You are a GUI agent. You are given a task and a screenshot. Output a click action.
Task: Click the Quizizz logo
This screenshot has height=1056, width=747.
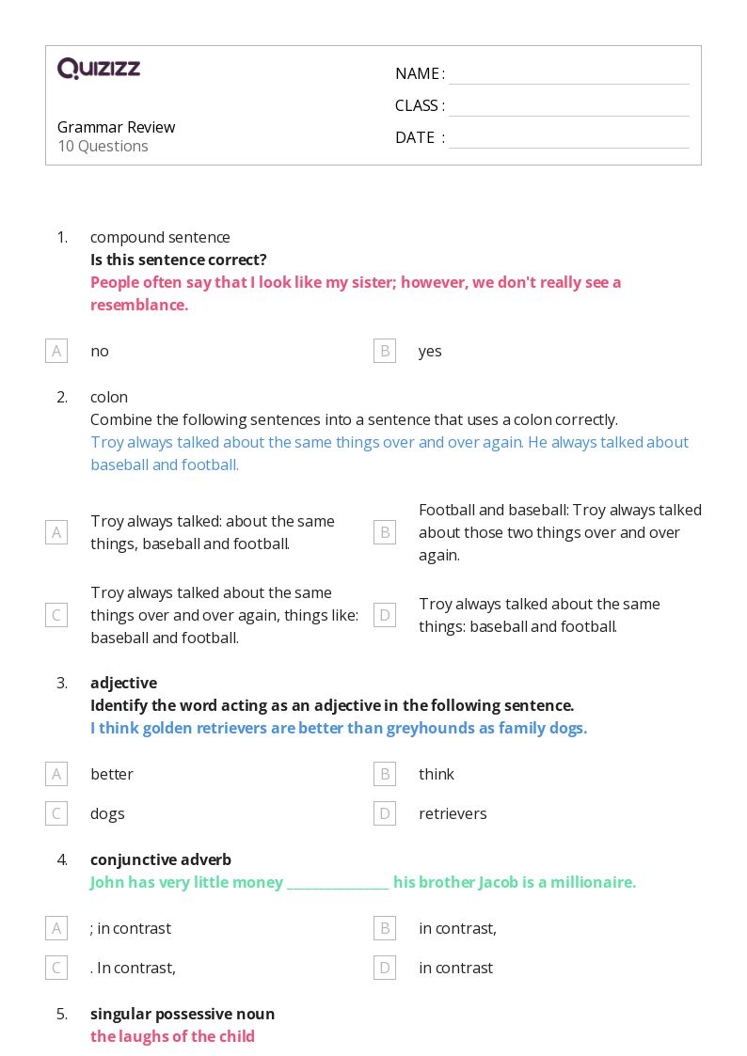coord(99,69)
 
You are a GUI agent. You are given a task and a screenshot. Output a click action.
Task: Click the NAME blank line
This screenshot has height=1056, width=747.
coord(568,75)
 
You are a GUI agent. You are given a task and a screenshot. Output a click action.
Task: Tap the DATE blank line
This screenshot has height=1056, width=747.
coord(568,139)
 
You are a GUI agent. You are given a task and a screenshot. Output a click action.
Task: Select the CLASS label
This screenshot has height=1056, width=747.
coord(419,105)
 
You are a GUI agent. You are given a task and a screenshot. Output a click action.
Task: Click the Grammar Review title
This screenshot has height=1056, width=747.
coord(116,127)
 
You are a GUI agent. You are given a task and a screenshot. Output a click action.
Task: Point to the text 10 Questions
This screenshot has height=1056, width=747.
coord(103,146)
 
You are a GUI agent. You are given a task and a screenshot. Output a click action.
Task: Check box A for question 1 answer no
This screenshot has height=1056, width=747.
coord(56,351)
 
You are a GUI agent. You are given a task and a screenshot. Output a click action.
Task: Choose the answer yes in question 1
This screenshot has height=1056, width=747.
coord(430,351)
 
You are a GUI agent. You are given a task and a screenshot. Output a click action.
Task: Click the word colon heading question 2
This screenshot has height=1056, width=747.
coord(109,397)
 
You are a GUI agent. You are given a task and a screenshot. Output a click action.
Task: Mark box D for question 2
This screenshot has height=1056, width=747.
coord(385,615)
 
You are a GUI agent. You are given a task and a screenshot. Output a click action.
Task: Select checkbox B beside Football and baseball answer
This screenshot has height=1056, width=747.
coord(385,532)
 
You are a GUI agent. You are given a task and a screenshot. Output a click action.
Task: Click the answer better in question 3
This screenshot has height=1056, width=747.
coord(112,774)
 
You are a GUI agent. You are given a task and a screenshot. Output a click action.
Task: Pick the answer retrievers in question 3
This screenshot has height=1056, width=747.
coord(453,813)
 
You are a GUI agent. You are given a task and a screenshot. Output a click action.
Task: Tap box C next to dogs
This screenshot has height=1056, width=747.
coord(56,813)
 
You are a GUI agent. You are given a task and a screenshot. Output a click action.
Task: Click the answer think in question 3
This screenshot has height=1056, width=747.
coord(437,774)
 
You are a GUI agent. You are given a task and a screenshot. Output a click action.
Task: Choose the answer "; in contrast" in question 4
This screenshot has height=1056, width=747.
coord(131,928)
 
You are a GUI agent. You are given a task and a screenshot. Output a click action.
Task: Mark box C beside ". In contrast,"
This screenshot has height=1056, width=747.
coord(56,968)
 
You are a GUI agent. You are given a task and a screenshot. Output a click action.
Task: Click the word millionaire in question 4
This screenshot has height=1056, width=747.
coord(591,882)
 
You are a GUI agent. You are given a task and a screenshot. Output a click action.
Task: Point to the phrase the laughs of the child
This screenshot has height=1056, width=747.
coord(172,1036)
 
